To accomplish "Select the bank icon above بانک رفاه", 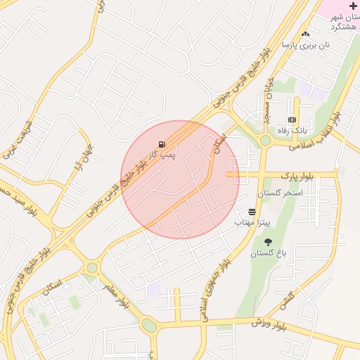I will tap(292, 120).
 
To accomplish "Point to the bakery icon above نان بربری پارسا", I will tap(305, 34).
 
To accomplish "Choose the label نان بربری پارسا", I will tap(305, 44).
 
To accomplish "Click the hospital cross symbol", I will tap(353, 6).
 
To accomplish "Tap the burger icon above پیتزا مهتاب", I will tap(252, 211).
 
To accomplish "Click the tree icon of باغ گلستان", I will tap(269, 243).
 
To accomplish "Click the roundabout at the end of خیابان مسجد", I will tap(265, 141).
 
